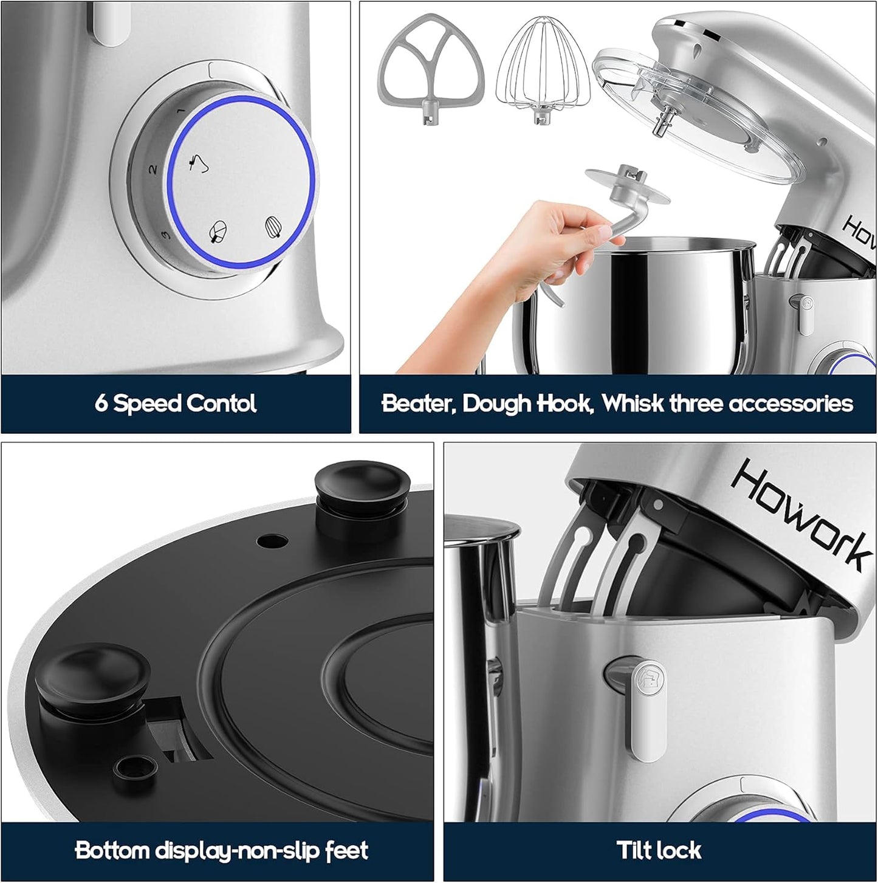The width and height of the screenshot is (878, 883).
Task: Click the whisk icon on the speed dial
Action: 275,226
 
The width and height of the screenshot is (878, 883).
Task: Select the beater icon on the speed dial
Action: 216,232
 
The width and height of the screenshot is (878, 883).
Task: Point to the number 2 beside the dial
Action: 154,169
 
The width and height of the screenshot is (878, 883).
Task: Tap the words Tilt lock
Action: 659,850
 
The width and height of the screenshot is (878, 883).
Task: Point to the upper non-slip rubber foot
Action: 357,487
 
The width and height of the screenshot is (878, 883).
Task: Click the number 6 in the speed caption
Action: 101,404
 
